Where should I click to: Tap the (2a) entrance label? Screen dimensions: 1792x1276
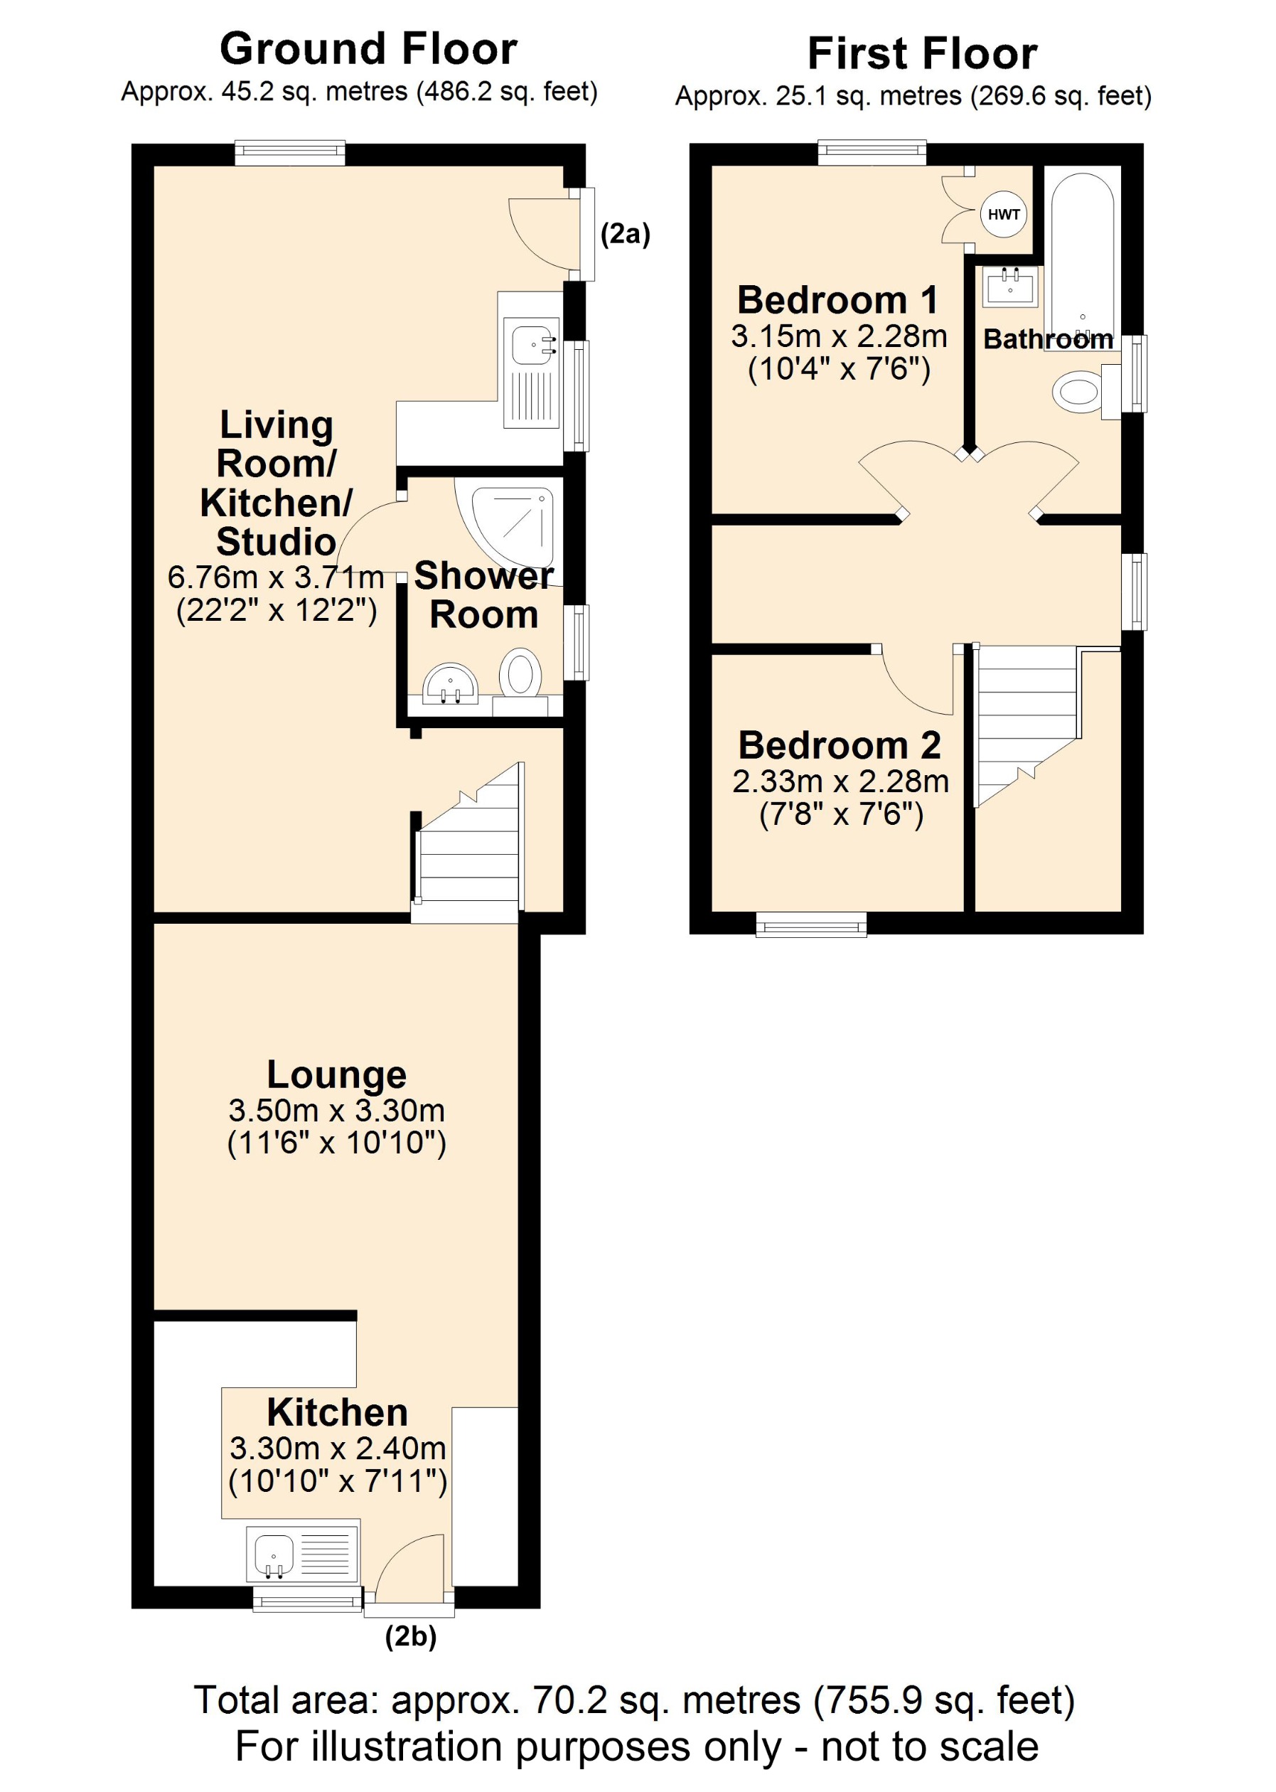pyautogui.click(x=626, y=233)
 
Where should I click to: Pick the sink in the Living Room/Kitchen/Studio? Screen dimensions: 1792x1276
pyautogui.click(x=532, y=344)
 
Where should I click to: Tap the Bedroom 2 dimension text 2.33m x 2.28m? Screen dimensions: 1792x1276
pyautogui.click(x=840, y=782)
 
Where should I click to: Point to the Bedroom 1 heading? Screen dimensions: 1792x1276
pyautogui.click(x=837, y=299)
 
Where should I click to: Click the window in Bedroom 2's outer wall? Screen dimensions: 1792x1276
pyautogui.click(x=811, y=924)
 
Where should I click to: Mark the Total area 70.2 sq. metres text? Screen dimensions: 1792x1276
pyautogui.click(x=633, y=1700)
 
